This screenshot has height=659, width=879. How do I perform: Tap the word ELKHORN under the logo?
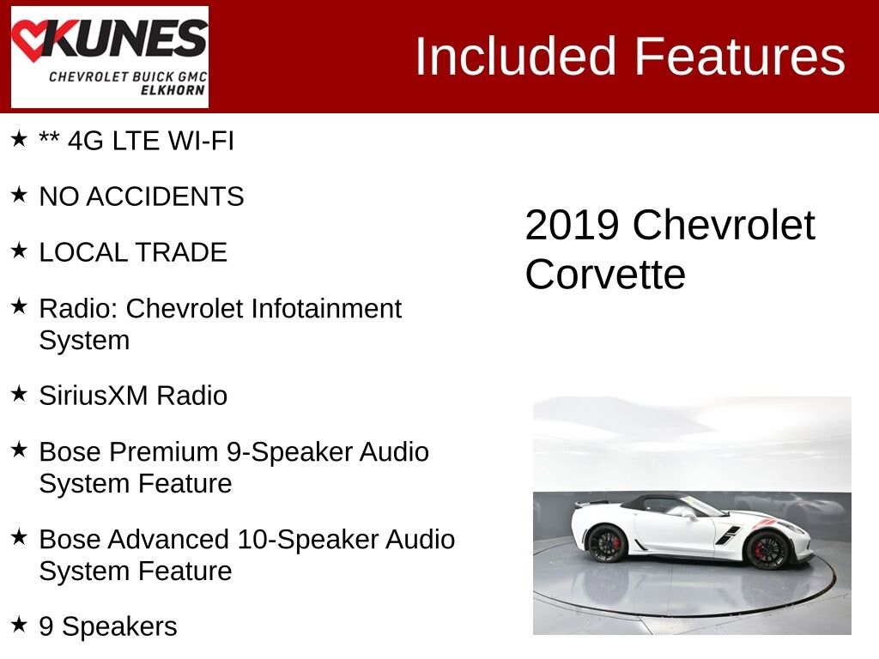(173, 90)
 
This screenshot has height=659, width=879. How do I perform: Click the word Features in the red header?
(739, 56)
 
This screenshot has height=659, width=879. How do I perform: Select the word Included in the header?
(515, 56)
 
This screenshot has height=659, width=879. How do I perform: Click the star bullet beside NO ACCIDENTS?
(19, 195)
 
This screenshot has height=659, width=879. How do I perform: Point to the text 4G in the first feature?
(86, 141)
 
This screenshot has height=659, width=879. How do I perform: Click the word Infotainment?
(326, 308)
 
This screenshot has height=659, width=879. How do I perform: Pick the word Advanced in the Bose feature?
(168, 539)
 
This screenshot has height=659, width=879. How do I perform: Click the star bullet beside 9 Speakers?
(19, 624)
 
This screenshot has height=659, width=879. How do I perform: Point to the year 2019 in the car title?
(573, 226)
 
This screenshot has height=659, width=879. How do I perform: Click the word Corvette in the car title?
(605, 275)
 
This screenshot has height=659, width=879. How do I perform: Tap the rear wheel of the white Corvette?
(606, 543)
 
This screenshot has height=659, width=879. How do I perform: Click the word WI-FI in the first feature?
(201, 141)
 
